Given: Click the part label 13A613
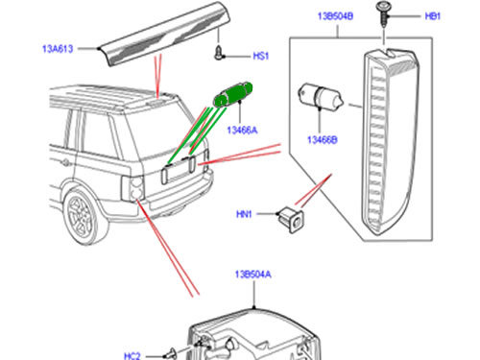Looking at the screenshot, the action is click(x=58, y=49).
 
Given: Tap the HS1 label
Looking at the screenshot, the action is click(x=260, y=56).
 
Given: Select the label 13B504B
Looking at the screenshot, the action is click(x=335, y=16).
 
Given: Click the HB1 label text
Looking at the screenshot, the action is click(x=432, y=16).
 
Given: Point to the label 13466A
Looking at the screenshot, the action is click(x=242, y=131).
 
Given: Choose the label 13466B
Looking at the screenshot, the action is click(x=322, y=140).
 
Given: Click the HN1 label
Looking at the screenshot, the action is click(x=244, y=214).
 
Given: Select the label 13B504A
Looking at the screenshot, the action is click(x=252, y=275).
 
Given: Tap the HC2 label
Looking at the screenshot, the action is click(x=132, y=356).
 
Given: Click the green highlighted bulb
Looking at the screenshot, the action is click(x=233, y=94).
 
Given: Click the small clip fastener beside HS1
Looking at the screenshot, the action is click(x=219, y=53).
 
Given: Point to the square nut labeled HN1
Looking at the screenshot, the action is click(x=290, y=220).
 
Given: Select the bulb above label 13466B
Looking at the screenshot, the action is click(x=321, y=97).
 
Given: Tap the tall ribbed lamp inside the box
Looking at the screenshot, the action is click(x=391, y=142).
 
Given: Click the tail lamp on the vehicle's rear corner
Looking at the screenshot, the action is click(x=133, y=188).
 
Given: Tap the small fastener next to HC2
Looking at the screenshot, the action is click(x=172, y=354).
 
